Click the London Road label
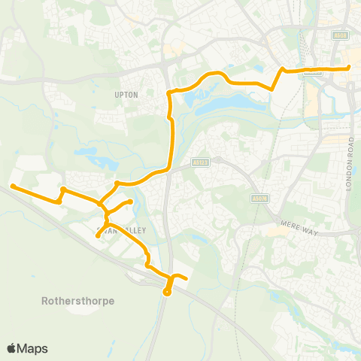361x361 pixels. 350,164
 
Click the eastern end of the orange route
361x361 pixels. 349,68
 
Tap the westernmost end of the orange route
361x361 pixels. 12,186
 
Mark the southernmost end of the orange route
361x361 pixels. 166,293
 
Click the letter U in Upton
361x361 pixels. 116,96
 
